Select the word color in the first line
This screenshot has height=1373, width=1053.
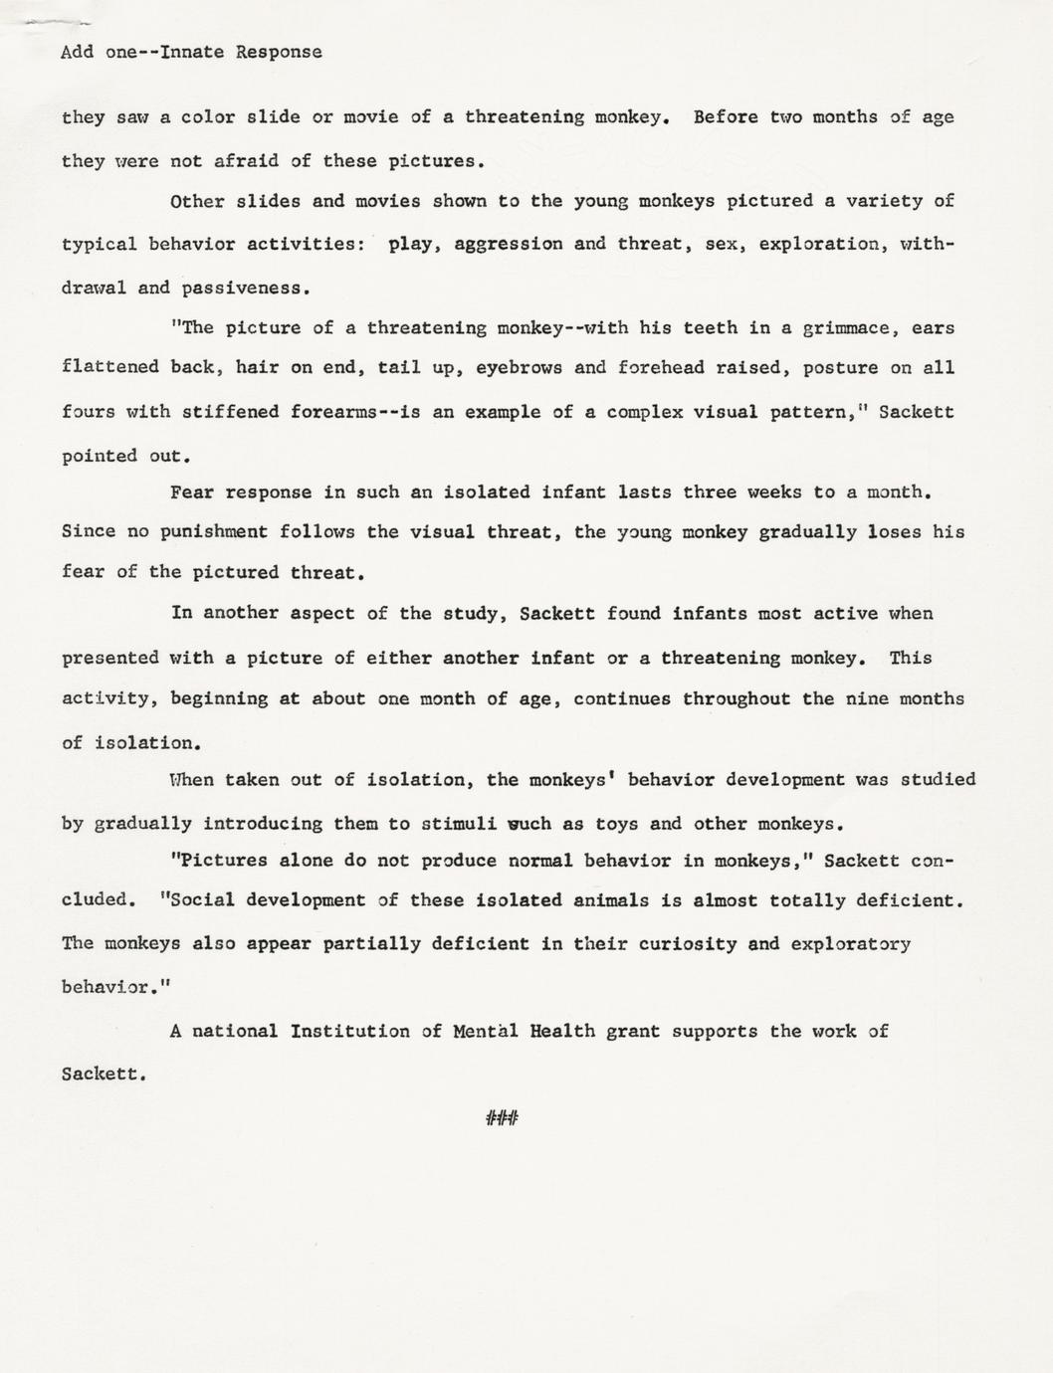(x=209, y=117)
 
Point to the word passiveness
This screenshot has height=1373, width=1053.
(x=246, y=289)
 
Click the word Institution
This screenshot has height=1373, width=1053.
(x=349, y=1032)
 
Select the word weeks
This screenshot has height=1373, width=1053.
(x=773, y=492)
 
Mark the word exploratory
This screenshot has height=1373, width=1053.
(x=850, y=943)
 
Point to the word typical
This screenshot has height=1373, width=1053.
(x=100, y=244)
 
